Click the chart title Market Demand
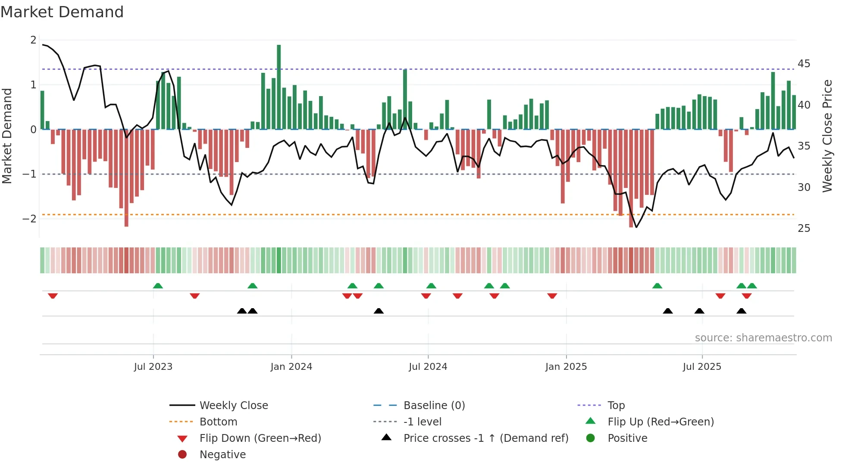(62, 12)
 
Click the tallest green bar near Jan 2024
(279, 86)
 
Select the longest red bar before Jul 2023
(126, 178)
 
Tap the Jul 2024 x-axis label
(428, 367)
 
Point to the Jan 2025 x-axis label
(566, 367)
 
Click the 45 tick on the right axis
(804, 64)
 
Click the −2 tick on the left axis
(30, 219)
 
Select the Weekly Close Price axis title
(827, 136)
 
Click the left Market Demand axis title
(7, 136)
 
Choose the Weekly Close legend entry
(233, 406)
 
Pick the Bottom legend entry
(218, 422)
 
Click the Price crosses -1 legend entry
(485, 438)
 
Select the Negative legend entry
(222, 455)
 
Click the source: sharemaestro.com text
(763, 338)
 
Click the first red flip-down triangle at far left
(53, 296)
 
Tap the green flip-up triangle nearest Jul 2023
(158, 286)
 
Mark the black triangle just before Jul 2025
(699, 311)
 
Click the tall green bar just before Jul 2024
(405, 99)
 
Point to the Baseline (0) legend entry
(434, 406)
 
